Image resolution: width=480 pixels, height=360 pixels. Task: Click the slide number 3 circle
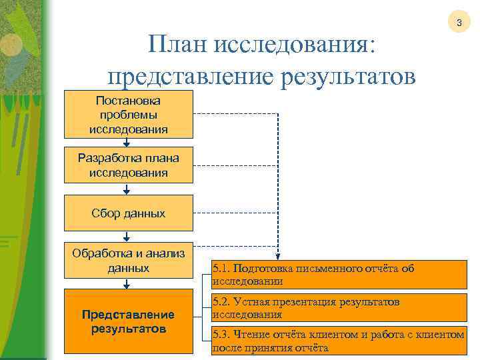pos(458,23)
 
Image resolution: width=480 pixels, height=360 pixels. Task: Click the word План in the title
pos(175,46)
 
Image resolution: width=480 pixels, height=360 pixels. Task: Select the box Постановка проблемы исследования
pos(129,114)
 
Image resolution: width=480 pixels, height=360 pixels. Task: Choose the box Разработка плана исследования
pos(129,165)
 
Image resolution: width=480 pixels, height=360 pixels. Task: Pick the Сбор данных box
pos(129,213)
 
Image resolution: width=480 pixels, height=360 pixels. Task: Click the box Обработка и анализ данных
pos(129,260)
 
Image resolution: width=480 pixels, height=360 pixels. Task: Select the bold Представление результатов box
pos(129,321)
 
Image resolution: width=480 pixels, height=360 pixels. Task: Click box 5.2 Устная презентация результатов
pos(339,307)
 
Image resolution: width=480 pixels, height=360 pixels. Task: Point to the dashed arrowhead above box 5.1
pos(278,256)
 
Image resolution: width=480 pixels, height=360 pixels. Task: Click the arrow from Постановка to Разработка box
pos(127,141)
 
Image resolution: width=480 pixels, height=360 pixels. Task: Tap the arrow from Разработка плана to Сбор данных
pos(127,189)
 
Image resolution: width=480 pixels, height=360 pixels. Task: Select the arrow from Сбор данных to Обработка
pos(127,236)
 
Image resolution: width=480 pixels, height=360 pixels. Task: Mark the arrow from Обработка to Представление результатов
pos(127,283)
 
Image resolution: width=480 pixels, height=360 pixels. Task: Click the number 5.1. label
pos(222,269)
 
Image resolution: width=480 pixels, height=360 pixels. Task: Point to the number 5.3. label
pos(222,335)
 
